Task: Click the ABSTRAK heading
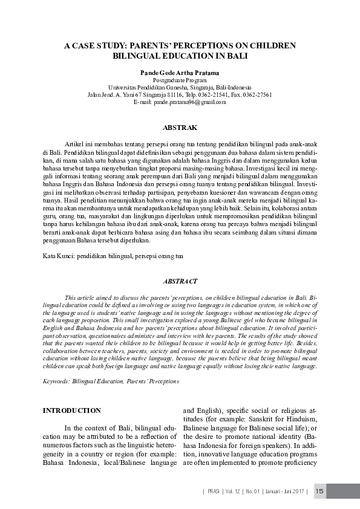[180, 128]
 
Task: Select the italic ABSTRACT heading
[180, 282]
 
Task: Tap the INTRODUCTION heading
[71, 410]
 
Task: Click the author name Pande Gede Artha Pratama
[180, 73]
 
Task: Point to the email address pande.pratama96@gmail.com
[189, 102]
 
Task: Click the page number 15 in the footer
[321, 490]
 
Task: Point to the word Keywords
[56, 381]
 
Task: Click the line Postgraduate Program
[180, 80]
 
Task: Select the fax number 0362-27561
[257, 95]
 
